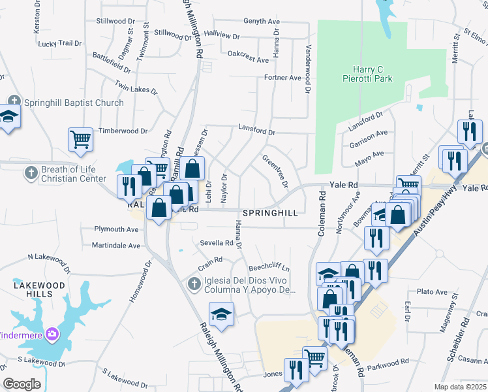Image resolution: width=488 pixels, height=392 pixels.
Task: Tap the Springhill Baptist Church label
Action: click(74, 103)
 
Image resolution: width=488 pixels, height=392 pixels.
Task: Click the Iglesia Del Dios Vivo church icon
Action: click(193, 284)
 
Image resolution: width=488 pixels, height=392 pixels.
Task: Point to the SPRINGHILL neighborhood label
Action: click(270, 214)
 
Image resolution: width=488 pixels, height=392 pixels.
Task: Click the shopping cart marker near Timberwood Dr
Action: click(80, 139)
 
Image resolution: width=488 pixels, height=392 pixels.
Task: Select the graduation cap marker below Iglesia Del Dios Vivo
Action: click(221, 314)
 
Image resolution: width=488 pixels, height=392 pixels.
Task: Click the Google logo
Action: click(22, 384)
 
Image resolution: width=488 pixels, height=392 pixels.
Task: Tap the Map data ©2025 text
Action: click(460, 387)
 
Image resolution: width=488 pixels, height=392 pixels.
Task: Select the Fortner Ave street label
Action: click(282, 78)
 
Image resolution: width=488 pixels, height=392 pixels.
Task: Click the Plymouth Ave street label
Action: click(117, 229)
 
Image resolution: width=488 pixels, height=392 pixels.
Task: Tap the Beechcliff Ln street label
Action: click(269, 269)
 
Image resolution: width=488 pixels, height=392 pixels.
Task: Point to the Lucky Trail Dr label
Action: click(59, 44)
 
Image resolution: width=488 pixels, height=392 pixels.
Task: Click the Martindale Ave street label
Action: click(116, 246)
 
